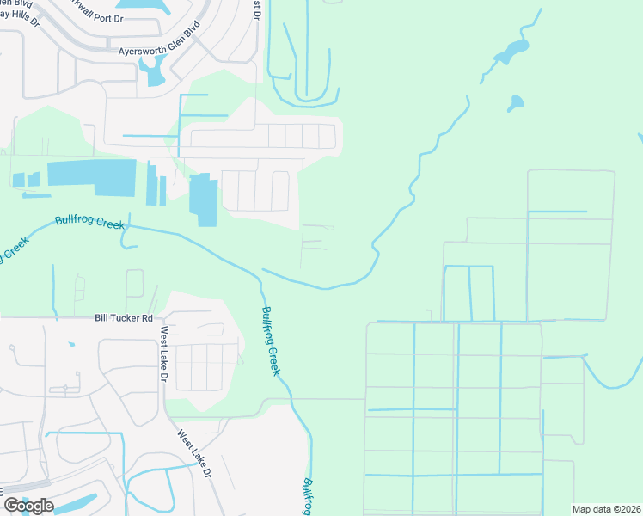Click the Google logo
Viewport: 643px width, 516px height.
28,505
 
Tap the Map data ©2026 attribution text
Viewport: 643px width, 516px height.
606,509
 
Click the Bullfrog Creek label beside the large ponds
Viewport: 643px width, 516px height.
89,220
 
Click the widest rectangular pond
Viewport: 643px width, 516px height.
91,177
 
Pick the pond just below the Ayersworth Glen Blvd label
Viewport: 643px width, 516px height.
154,74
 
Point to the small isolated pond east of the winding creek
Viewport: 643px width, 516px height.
515,104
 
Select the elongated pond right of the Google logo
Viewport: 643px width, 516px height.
81,502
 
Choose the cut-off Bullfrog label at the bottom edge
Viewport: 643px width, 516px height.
308,497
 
